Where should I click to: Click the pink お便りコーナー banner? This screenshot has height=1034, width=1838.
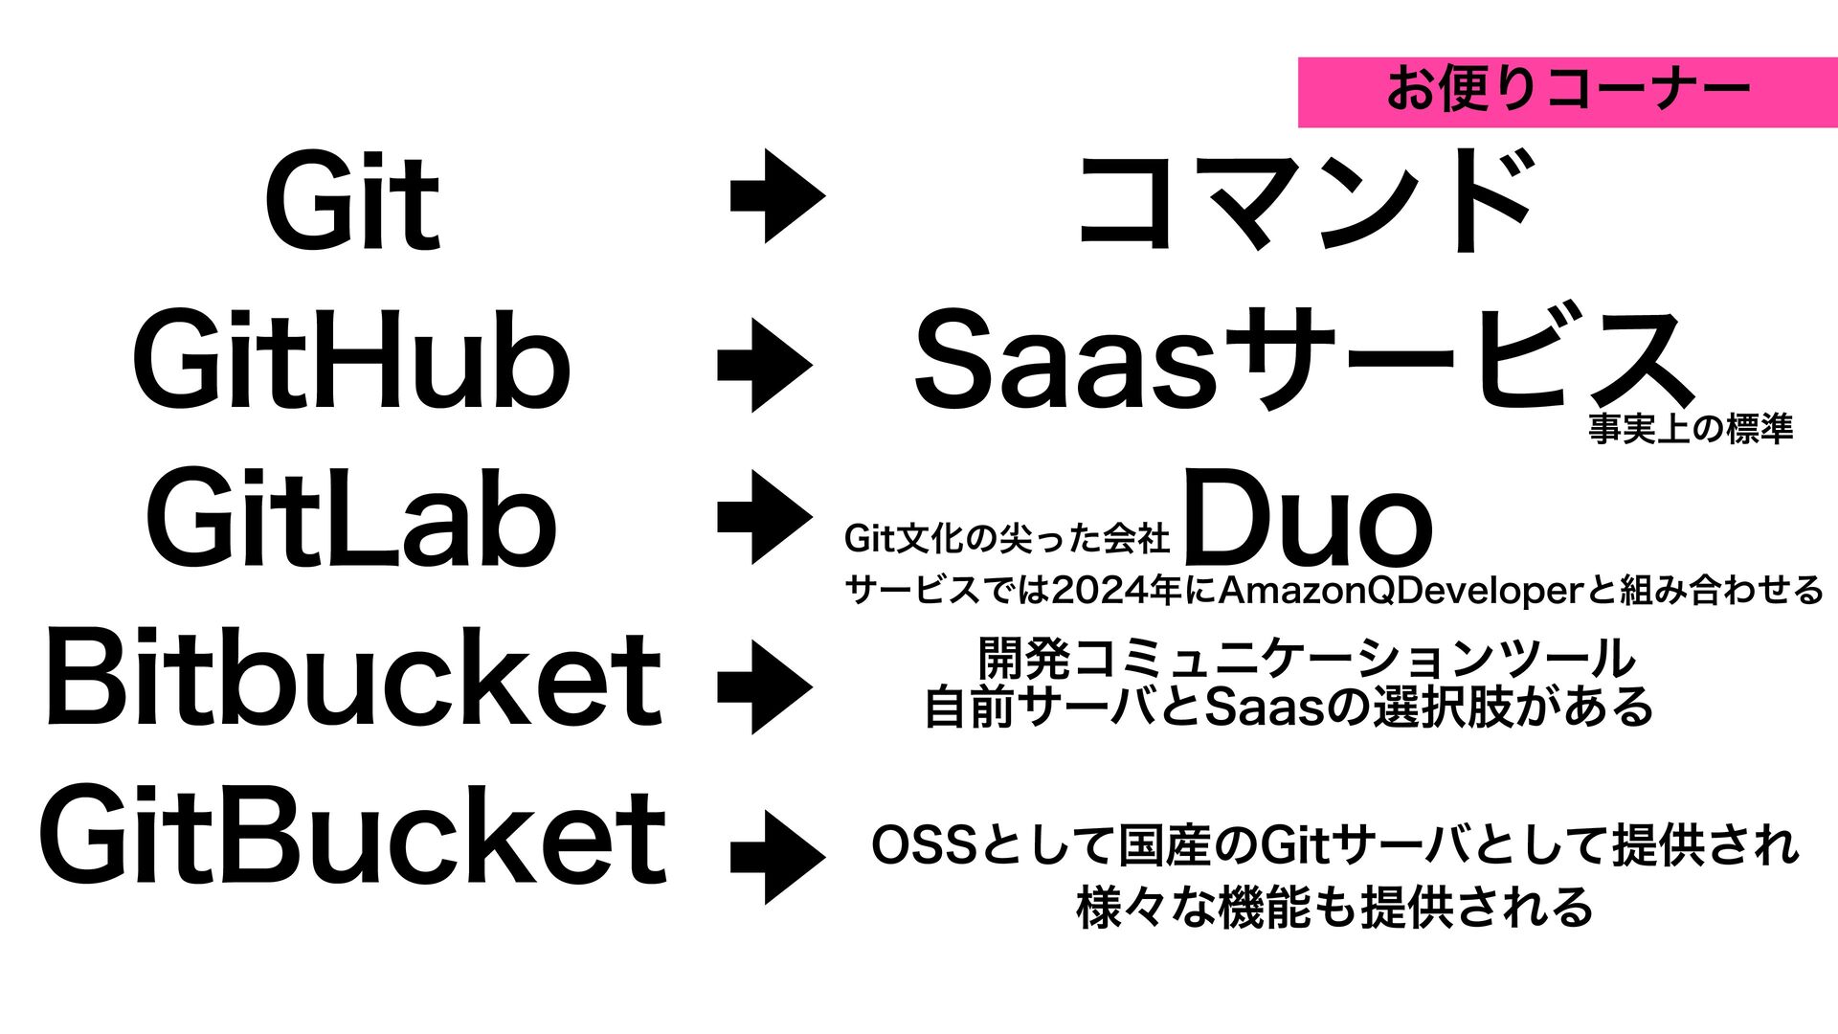(x=1567, y=92)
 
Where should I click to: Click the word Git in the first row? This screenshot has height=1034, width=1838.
(x=351, y=201)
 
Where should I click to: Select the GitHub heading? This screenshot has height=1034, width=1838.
(x=351, y=361)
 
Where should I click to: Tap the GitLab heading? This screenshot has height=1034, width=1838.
(x=351, y=518)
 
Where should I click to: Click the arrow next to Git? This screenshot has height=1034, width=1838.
(x=777, y=195)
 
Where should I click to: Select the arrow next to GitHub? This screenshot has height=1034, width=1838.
(x=765, y=366)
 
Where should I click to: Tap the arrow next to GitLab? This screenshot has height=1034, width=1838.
(x=765, y=517)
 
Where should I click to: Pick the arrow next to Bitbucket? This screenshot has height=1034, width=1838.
(x=765, y=687)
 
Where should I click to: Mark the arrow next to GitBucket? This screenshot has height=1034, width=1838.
(x=777, y=858)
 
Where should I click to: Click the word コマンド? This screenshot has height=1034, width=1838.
(x=1306, y=201)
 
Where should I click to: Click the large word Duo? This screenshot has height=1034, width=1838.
(x=1309, y=518)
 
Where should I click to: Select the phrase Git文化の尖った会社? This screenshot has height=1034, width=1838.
(x=1006, y=539)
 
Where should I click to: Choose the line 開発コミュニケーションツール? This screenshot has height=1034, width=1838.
(x=1308, y=658)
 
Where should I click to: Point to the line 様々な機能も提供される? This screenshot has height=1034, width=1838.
(x=1334, y=908)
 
